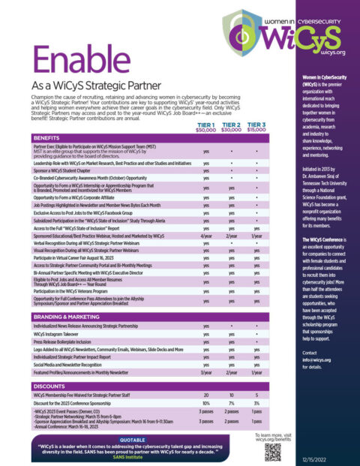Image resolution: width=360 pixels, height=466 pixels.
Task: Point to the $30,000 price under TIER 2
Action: tap(231, 130)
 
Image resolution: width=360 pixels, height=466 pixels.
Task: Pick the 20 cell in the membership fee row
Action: tap(206, 394)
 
